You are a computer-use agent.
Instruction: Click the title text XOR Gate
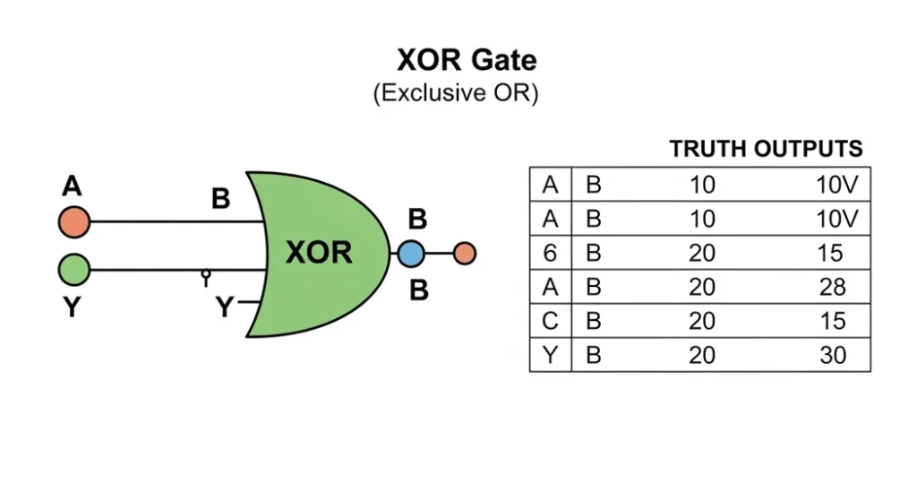coord(467,60)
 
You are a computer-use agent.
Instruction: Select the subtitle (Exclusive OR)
coord(455,93)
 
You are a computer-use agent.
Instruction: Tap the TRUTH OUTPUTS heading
coord(766,149)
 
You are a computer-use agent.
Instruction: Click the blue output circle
coord(410,255)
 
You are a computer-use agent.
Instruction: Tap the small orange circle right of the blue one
coord(464,255)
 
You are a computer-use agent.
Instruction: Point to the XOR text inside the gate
coord(319,254)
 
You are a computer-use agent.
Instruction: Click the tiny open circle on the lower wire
coord(206,273)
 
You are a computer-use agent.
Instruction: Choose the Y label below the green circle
coord(72,307)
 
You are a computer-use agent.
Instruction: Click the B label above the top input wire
coord(220,198)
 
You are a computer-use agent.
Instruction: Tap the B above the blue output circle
coord(417,219)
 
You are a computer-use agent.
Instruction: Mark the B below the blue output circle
coord(418,290)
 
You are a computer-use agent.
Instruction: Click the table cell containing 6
coord(550,254)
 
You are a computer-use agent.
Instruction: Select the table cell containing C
coord(550,322)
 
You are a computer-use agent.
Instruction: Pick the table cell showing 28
coord(831,288)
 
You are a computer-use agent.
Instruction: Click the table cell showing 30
coord(832,356)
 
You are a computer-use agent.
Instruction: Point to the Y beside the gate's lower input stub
coord(224,308)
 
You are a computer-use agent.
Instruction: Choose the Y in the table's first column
coord(550,356)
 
